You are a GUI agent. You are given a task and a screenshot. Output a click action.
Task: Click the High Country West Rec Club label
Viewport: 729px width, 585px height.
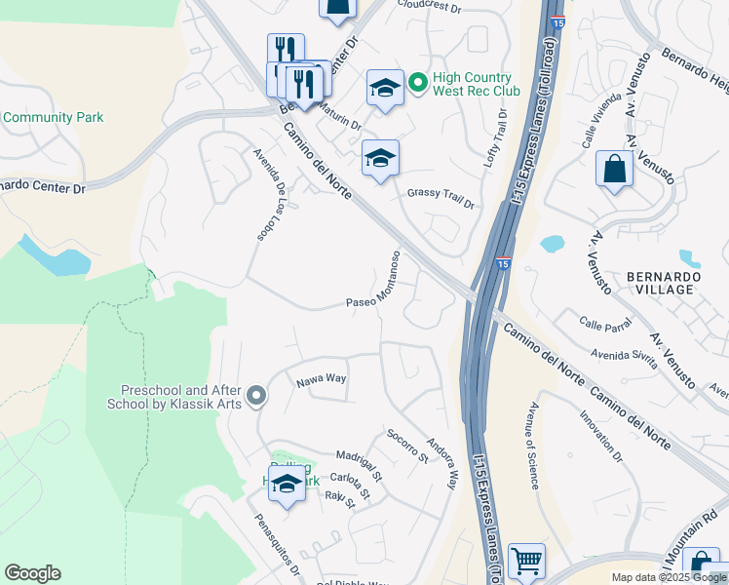pos(479,84)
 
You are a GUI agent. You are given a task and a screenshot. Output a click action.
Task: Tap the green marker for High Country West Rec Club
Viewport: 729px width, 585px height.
pos(418,84)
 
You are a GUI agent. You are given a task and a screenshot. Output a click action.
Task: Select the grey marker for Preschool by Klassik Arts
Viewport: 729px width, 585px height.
pos(256,396)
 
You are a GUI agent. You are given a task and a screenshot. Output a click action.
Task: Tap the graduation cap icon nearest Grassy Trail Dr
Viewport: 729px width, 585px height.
pos(380,160)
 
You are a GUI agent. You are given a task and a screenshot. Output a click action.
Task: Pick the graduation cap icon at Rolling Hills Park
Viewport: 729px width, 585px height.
pos(287,485)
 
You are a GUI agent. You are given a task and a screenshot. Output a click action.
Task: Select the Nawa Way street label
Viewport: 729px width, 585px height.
pos(322,378)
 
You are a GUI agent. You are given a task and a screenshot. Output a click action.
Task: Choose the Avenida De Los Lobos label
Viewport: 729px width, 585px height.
pos(272,195)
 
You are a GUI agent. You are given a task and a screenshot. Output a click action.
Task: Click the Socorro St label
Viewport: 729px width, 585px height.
pos(406,445)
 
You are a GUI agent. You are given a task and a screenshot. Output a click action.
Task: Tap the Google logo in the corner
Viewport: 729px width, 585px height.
pos(32,573)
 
